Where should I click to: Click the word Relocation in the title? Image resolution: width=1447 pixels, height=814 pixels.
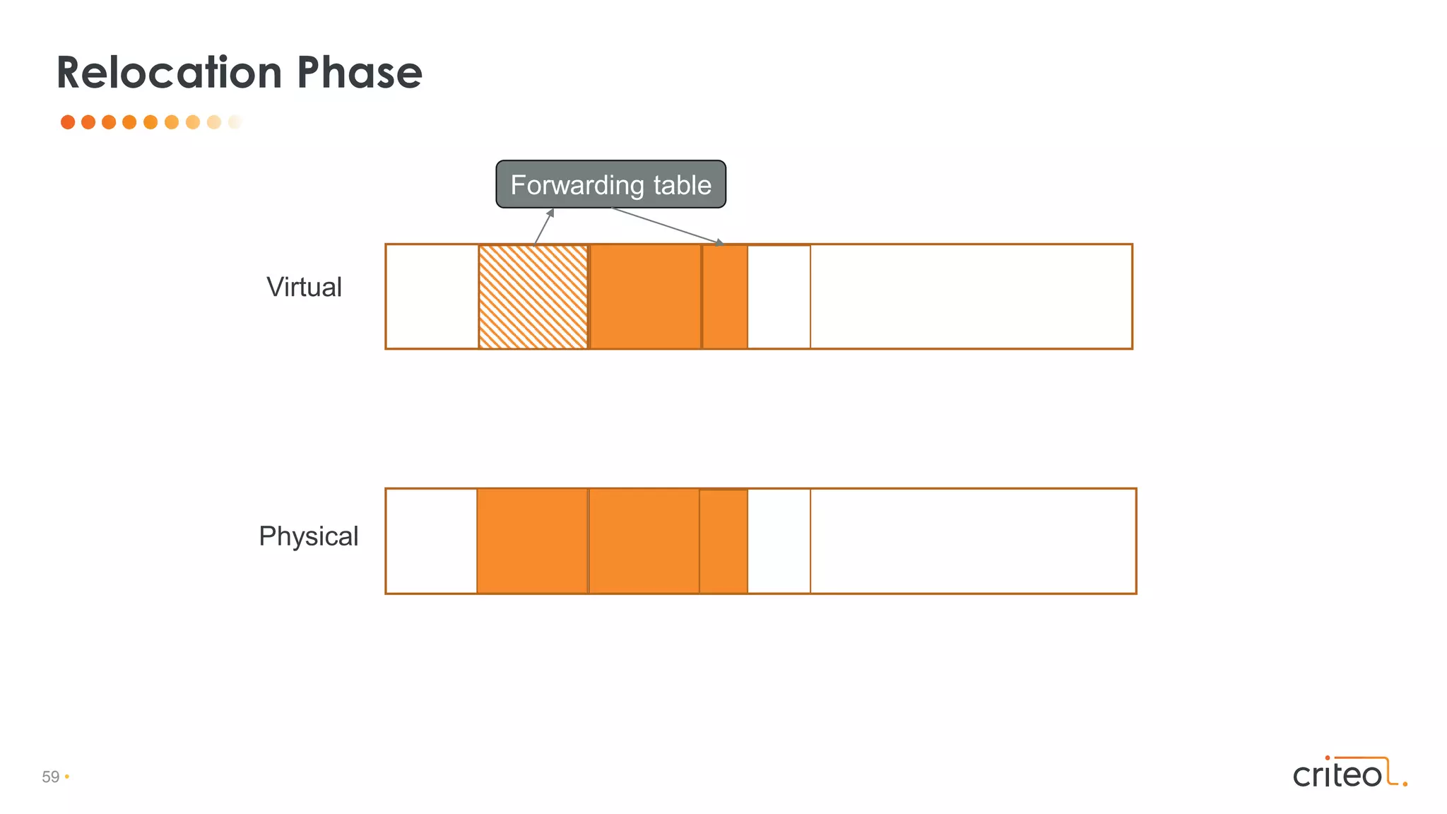[169, 73]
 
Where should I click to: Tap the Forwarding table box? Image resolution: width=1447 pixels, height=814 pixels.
[610, 184]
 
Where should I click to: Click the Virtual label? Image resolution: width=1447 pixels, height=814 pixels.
[304, 288]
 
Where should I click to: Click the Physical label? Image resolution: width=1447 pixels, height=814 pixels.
[308, 536]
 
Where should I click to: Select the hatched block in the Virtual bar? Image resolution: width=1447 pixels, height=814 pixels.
[533, 297]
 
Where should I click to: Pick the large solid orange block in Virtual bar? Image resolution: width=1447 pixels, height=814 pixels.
[645, 297]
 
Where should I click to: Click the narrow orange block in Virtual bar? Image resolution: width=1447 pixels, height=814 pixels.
[725, 297]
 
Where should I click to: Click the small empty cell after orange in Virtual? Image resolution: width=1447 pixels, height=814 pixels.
[779, 297]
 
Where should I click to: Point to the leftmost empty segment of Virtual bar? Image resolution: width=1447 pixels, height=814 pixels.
[432, 297]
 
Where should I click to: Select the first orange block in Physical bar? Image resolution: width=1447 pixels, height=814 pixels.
[532, 541]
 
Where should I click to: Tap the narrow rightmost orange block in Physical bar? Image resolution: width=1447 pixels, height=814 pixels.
[723, 541]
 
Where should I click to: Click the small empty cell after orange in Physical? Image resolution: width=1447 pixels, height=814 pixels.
[779, 541]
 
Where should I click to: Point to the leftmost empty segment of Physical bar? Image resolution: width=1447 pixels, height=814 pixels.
[431, 541]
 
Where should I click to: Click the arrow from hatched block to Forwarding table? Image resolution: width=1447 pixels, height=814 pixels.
[543, 227]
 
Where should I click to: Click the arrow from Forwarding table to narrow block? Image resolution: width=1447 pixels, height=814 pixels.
[668, 226]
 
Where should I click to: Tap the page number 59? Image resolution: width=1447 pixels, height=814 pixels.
[51, 777]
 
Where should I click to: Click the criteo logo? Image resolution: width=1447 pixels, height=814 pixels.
[1349, 772]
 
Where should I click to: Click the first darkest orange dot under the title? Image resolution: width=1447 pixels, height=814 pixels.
[68, 122]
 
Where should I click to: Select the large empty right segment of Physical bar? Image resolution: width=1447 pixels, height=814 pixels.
[973, 541]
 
